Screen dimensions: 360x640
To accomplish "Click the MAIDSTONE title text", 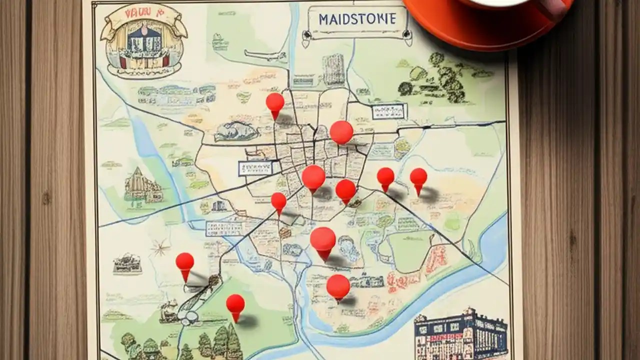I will coord(357,19).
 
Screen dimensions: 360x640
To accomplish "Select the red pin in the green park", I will coord(235,305).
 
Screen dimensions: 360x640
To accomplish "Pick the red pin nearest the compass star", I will coord(184,263).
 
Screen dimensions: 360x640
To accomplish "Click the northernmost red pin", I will coord(274,103).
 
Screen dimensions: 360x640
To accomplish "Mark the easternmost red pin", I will coord(418,178).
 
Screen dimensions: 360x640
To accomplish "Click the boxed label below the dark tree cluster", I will coord(389,111).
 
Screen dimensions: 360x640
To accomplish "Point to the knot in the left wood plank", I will coord(46,198).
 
